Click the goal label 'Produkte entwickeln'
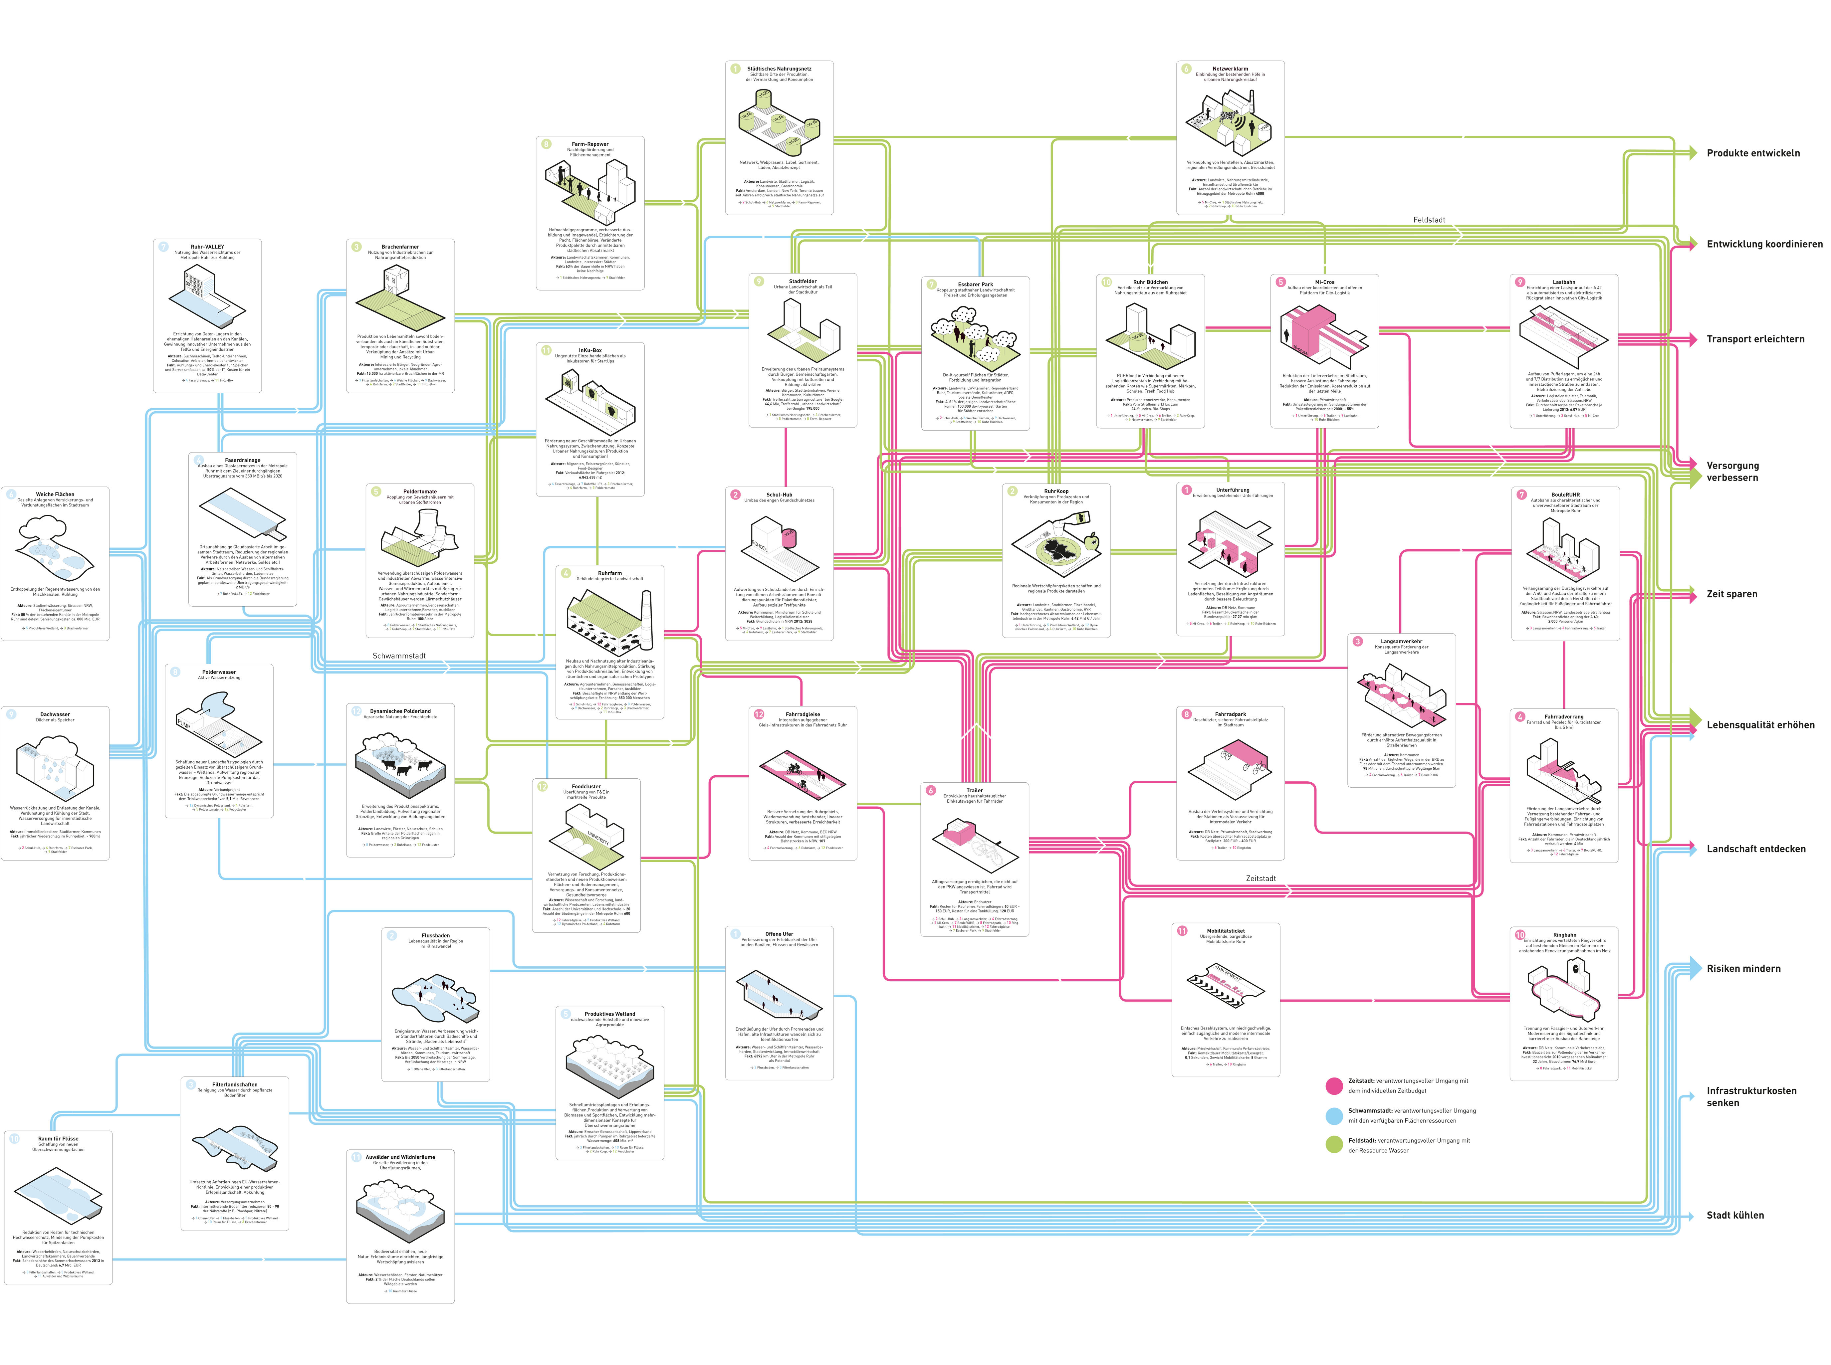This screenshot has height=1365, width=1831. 1752,153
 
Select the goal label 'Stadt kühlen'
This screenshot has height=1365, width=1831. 1735,1215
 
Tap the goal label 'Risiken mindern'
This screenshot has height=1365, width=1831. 1743,968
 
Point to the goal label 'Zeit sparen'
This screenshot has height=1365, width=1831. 1732,594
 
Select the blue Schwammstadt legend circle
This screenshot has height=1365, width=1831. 1334,1115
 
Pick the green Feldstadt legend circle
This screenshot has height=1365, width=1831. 1334,1145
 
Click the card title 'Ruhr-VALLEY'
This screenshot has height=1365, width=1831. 207,246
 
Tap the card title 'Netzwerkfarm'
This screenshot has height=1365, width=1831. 1230,69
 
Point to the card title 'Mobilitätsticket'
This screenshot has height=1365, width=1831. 1225,930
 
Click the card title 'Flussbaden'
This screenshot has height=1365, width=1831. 435,935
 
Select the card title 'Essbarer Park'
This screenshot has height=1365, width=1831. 975,284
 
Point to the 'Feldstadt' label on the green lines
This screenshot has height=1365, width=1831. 1429,220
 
